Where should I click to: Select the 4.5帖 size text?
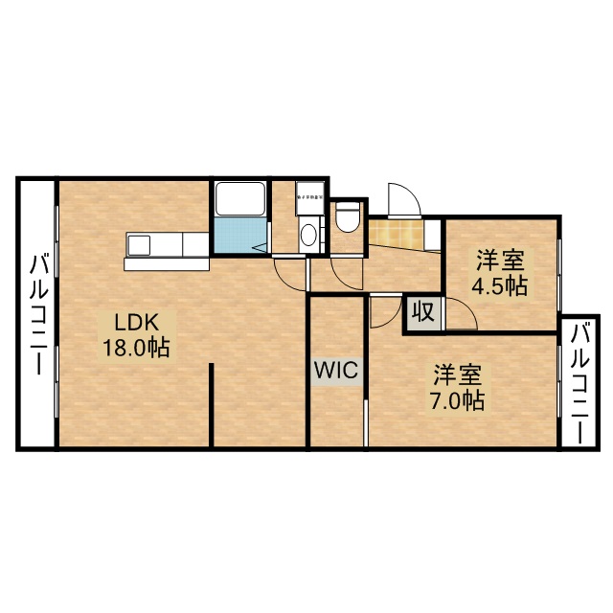[498, 284]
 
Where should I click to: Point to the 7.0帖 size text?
[456, 399]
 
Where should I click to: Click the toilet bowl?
[348, 217]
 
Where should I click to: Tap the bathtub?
[239, 199]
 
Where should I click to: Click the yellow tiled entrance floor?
[396, 233]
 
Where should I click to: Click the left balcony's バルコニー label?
[38, 312]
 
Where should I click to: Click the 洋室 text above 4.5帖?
[498, 258]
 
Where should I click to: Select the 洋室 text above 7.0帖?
[456, 373]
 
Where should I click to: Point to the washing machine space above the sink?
[310, 195]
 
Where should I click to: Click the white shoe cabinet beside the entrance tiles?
[432, 236]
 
